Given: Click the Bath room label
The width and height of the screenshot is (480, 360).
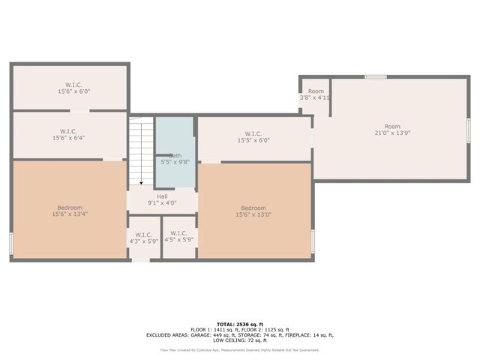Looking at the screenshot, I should [x=175, y=156].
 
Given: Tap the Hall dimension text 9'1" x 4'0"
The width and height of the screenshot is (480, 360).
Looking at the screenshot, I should [x=162, y=202].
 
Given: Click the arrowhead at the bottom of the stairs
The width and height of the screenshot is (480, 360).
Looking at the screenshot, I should [x=141, y=182].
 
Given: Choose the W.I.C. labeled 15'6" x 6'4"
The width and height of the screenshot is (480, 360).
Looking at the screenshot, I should [x=69, y=135].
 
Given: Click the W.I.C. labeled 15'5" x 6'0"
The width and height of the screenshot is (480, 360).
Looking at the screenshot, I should [x=253, y=136].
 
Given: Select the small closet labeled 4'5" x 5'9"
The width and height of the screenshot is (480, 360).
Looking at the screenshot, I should [x=178, y=237].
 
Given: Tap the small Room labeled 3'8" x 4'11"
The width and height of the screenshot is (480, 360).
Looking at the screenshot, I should [x=316, y=94].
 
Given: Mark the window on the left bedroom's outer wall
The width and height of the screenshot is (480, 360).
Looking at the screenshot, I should [x=11, y=244].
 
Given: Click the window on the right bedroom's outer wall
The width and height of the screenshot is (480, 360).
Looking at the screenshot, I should [x=313, y=241].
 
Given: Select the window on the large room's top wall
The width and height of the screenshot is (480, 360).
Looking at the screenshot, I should [x=376, y=76].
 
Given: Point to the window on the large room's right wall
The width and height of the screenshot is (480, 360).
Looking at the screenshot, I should [x=468, y=129].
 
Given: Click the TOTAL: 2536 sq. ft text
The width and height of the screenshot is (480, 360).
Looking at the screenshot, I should [x=239, y=323].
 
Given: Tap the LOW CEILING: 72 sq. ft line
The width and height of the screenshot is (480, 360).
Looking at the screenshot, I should [x=239, y=340].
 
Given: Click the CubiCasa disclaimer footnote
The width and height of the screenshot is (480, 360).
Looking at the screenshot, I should [x=239, y=350].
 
